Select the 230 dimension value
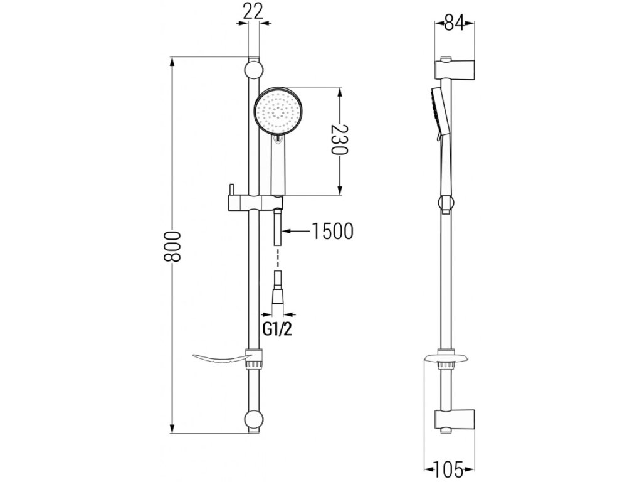tap(339, 142)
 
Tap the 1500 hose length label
tap(332, 232)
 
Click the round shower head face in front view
tap(278, 110)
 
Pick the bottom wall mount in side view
tap(456, 420)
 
